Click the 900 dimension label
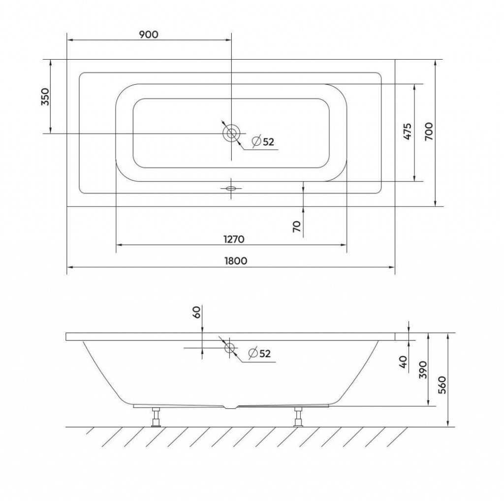click(x=149, y=34)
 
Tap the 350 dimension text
click(x=46, y=97)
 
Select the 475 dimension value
click(x=407, y=131)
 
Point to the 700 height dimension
click(x=429, y=131)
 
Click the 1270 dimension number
click(x=234, y=239)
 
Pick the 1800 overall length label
click(x=236, y=261)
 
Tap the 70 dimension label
click(x=297, y=226)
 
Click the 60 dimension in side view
click(x=197, y=312)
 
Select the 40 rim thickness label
click(x=404, y=362)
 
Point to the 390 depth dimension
click(x=423, y=370)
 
